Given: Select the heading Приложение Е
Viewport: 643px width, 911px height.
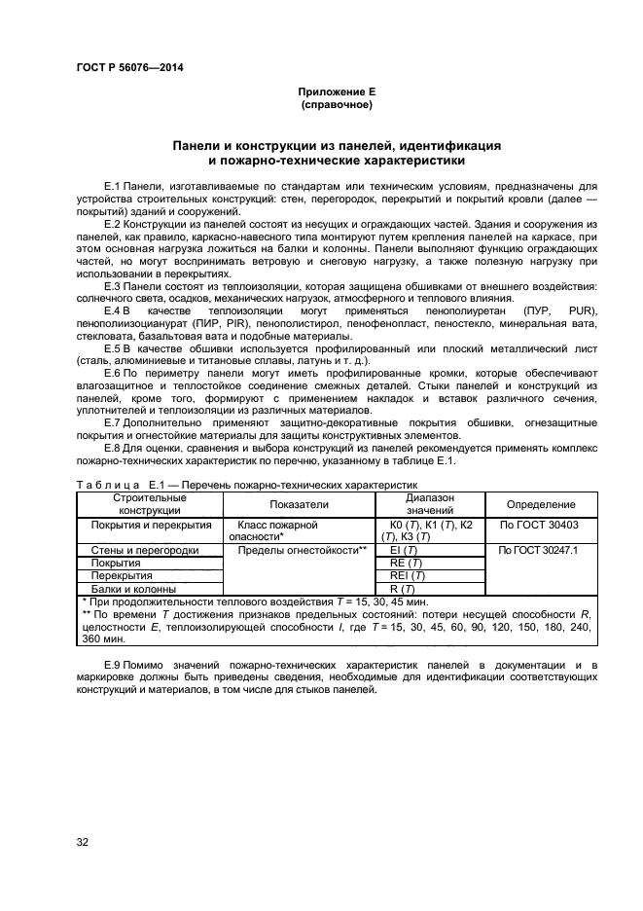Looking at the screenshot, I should click(336, 91).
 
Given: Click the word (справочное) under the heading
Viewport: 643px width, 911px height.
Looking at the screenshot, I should click(336, 104).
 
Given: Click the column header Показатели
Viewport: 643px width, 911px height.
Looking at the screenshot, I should click(299, 504).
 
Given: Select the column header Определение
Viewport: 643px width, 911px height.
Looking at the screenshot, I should click(541, 504).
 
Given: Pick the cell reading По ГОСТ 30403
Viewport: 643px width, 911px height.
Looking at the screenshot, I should click(538, 524).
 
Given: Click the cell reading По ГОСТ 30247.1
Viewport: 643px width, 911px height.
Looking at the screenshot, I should click(538, 550).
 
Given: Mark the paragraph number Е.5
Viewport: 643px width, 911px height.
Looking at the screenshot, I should click(110, 361).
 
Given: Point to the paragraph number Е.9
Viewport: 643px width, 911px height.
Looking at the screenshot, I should click(110, 664).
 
